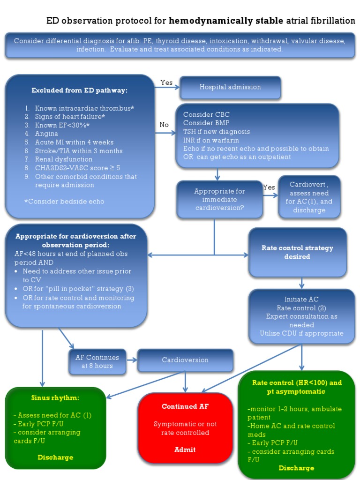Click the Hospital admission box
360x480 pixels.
(230, 87)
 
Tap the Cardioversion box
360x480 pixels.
(185, 360)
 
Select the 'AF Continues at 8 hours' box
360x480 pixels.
(97, 361)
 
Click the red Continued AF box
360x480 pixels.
(185, 427)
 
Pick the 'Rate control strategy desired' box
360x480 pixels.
(297, 252)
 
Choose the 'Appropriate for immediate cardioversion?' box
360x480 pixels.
(219, 199)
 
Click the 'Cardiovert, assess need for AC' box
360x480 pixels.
(309, 197)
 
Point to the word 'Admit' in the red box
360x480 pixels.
(185, 450)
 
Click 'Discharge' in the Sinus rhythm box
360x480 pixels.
(55, 457)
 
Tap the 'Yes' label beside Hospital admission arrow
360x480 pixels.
(166, 82)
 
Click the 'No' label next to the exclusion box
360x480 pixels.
(164, 125)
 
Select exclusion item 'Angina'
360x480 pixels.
(46, 134)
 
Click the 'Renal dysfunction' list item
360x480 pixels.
(63, 159)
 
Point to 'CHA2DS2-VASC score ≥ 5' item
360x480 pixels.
(77, 168)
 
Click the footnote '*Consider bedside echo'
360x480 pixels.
(64, 201)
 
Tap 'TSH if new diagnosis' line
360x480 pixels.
(216, 132)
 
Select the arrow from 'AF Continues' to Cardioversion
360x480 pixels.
(132, 360)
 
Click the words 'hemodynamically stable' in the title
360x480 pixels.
(225, 21)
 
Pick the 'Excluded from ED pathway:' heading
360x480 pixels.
(79, 90)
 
